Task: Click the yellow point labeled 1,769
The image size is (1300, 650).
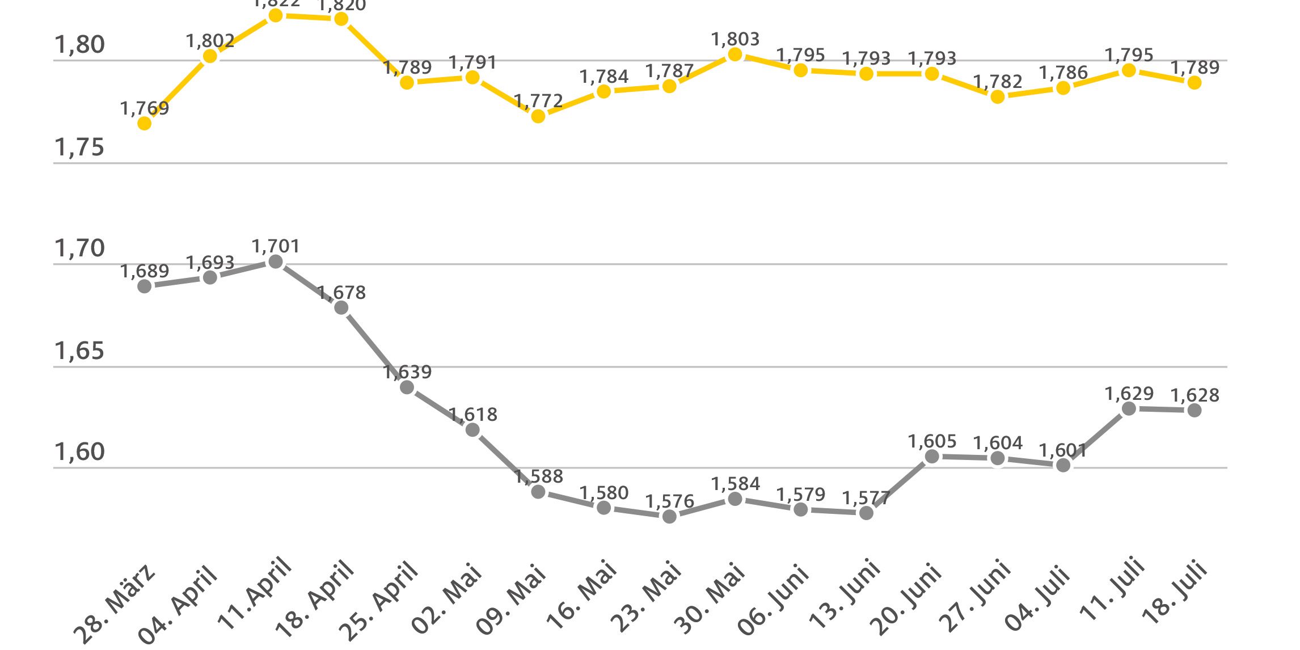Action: [x=145, y=123]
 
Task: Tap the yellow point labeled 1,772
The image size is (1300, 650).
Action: [x=538, y=116]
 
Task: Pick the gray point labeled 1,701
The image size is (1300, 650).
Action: [x=276, y=261]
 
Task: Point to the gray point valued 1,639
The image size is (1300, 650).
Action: [x=407, y=387]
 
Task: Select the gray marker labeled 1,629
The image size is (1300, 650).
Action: [x=1129, y=408]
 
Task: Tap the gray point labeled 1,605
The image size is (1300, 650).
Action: [x=932, y=457]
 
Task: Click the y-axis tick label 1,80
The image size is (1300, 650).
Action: [x=79, y=45]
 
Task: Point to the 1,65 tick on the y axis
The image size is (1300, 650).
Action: [x=79, y=351]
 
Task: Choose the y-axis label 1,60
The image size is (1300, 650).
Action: [x=79, y=452]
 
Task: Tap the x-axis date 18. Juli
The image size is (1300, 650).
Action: [x=1175, y=593]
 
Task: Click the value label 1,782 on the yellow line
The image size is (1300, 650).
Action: [x=998, y=82]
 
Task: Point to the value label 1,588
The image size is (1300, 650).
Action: [x=538, y=476]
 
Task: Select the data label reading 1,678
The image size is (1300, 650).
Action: [x=341, y=293]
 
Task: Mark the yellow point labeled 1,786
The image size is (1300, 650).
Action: [x=1063, y=88]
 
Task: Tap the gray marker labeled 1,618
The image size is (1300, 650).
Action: [x=472, y=430]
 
